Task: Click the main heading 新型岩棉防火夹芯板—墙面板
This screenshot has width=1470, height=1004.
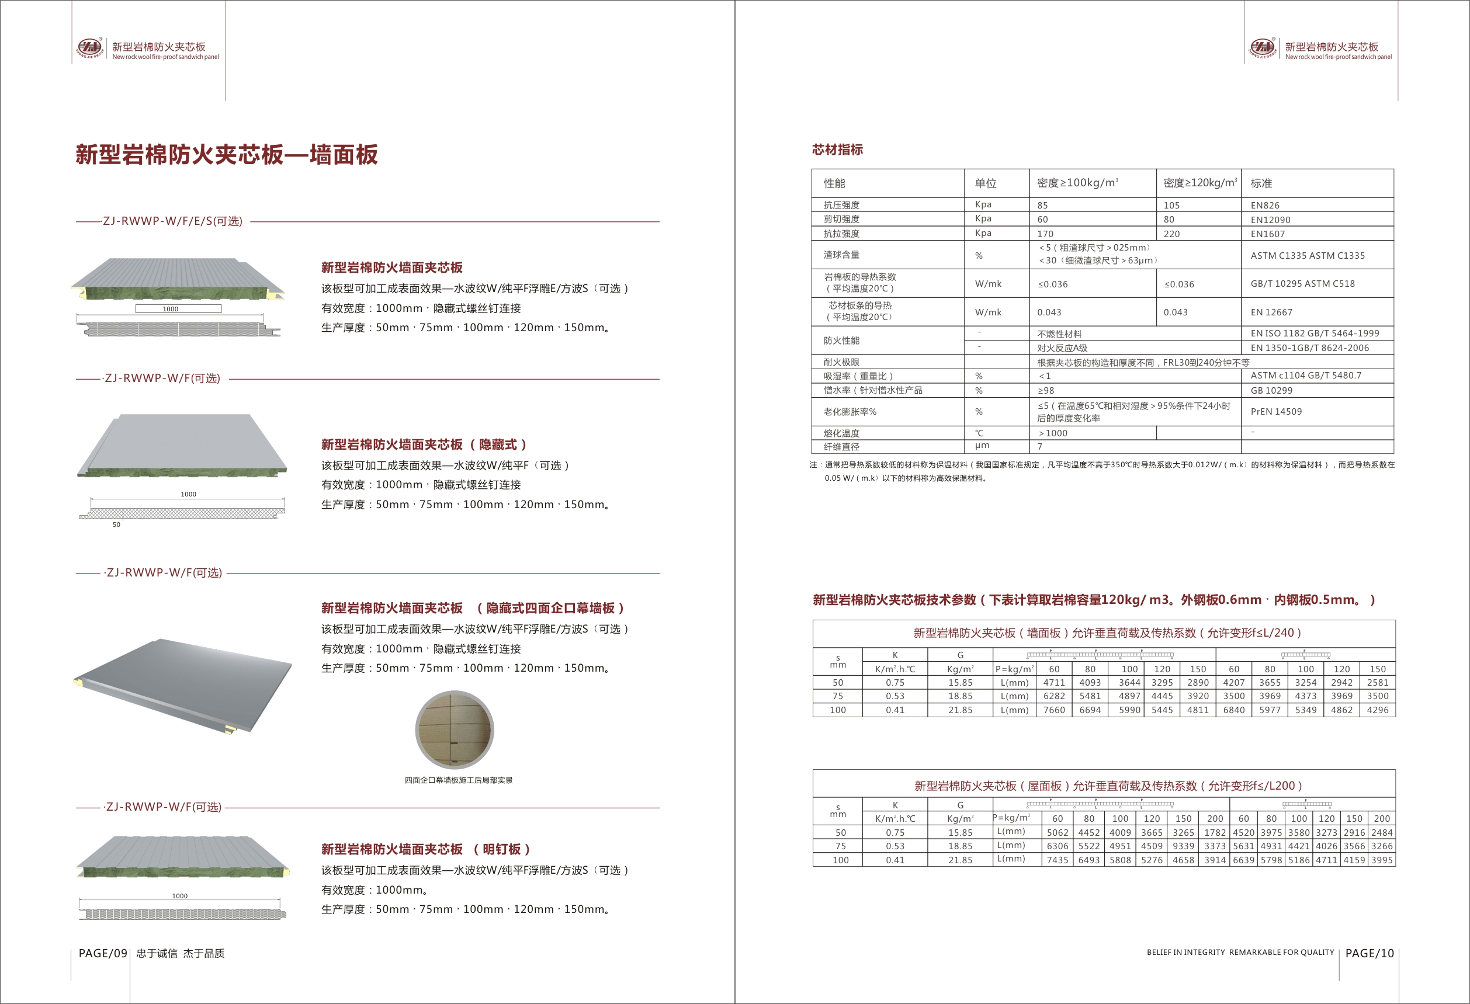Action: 227,155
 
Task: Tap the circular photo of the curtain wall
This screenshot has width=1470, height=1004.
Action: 454,729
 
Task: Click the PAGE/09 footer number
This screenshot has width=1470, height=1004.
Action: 103,953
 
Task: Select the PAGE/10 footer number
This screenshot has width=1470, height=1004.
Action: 1370,953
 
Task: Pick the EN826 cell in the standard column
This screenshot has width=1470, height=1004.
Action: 1265,206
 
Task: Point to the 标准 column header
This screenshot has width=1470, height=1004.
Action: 1261,183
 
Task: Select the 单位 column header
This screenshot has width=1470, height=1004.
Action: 986,183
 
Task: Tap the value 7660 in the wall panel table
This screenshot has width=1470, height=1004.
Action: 1054,710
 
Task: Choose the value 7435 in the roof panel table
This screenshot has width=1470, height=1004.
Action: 1058,860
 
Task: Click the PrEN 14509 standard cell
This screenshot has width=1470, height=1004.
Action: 1276,412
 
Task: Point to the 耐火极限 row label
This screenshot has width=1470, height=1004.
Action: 841,362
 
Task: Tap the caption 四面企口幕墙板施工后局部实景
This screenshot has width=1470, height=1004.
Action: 459,780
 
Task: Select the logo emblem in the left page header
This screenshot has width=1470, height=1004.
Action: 89,47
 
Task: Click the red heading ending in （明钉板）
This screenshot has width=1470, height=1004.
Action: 425,849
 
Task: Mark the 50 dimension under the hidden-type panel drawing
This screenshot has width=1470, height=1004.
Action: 116,524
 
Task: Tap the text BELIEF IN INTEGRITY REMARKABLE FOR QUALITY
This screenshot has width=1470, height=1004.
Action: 1240,952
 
